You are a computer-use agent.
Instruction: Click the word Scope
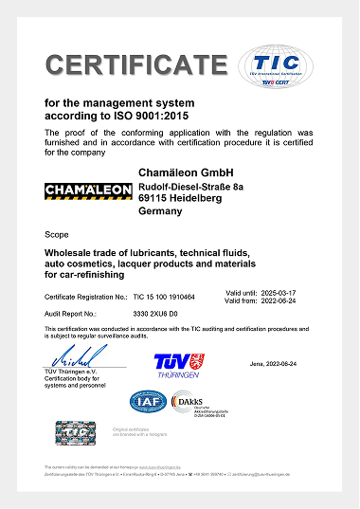pos(57,233)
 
